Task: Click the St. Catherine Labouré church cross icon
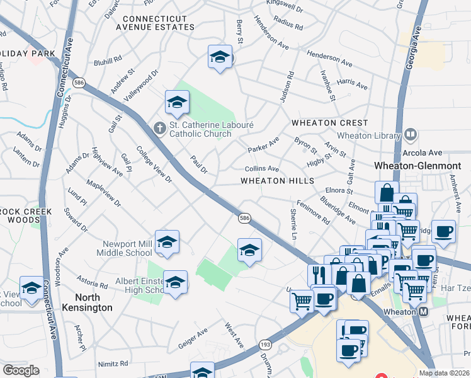[x=160, y=128]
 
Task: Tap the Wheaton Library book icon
[x=411, y=135]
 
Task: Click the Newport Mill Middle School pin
[x=167, y=243]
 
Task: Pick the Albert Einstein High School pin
[x=176, y=282]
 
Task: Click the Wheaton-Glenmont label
[x=417, y=166]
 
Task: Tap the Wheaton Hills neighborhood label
[x=277, y=181]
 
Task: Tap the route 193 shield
[x=264, y=345]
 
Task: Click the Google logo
[x=21, y=370]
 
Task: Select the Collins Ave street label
[x=262, y=169]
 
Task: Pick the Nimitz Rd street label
[x=113, y=364]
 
